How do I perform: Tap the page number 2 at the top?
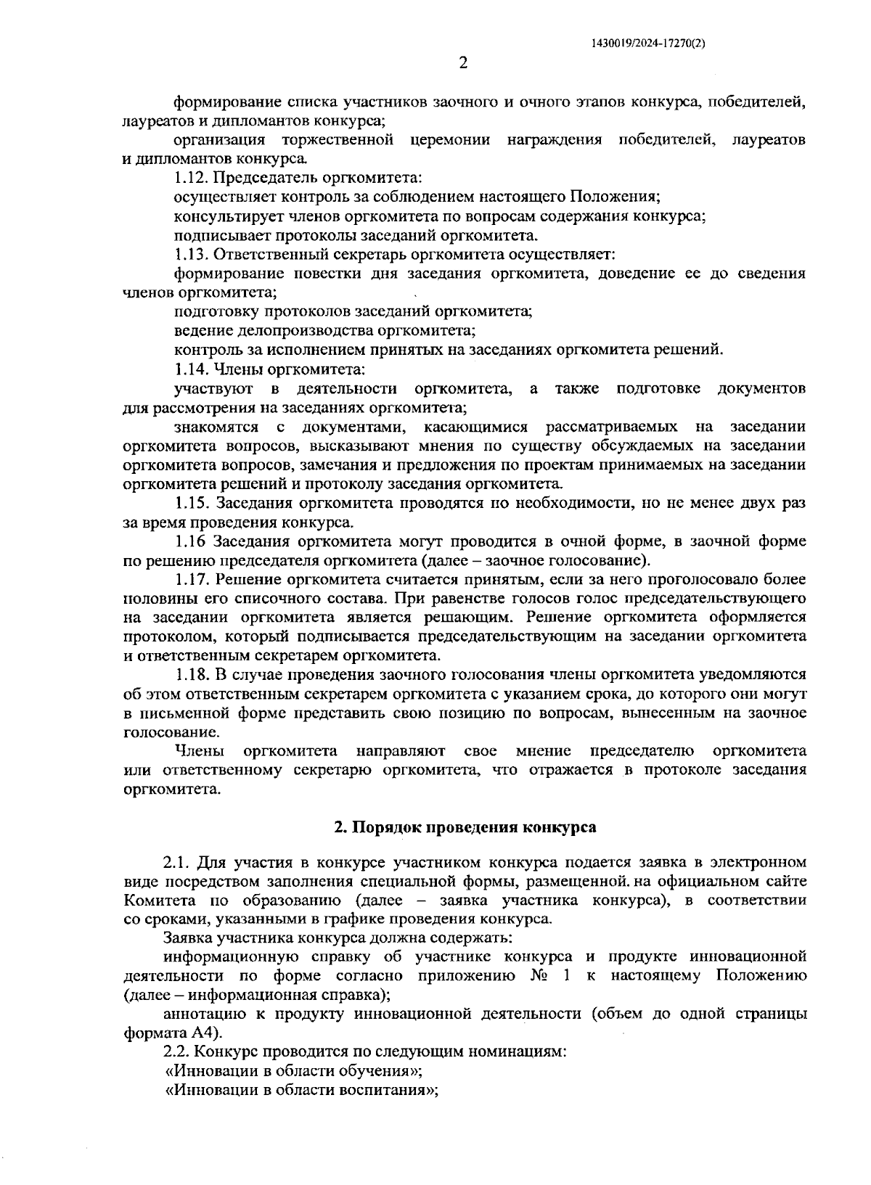(463, 64)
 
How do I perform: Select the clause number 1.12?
(191, 177)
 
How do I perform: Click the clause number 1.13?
(191, 255)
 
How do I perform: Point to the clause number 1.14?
(191, 369)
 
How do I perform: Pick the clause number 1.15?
(192, 504)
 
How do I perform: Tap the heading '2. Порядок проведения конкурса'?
(465, 827)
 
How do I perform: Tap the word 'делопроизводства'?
(300, 331)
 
